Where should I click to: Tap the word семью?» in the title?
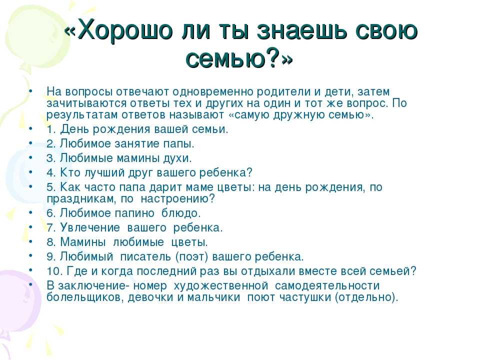pyautogui.click(x=239, y=58)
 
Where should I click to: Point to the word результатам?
pyautogui.click(x=82, y=115)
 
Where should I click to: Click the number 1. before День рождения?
pyautogui.click(x=51, y=129)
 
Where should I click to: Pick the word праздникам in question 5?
pyautogui.click(x=81, y=199)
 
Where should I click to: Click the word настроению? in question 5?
pyautogui.click(x=178, y=199)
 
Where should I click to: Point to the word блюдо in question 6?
pyautogui.click(x=180, y=213)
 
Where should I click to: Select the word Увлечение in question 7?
pyautogui.click(x=89, y=228)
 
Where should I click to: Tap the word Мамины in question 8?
pyautogui.click(x=82, y=242)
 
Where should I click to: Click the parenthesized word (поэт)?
pyautogui.click(x=191, y=257)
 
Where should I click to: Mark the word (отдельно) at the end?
pyautogui.click(x=365, y=297)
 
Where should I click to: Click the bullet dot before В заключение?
pyautogui.click(x=30, y=284)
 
